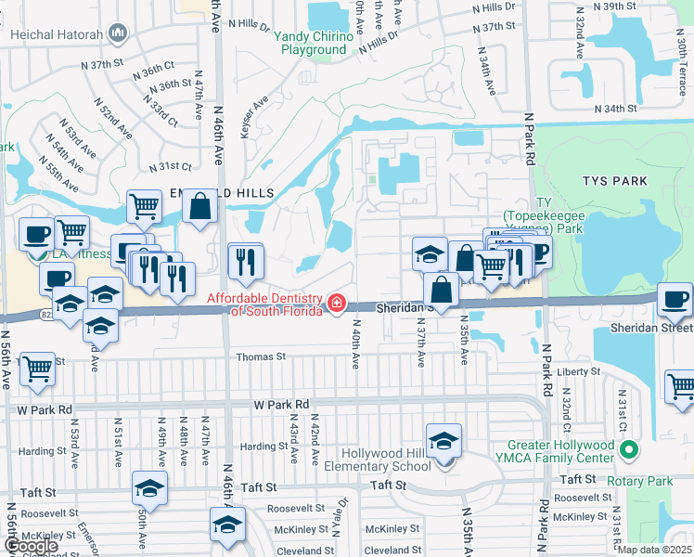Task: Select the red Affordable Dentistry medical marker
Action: (x=336, y=303)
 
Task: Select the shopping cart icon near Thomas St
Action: (x=36, y=369)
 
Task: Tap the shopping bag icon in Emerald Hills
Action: (x=199, y=207)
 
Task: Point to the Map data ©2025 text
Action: (x=653, y=550)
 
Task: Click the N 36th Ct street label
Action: (x=154, y=71)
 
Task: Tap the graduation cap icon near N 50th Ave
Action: (x=149, y=487)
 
